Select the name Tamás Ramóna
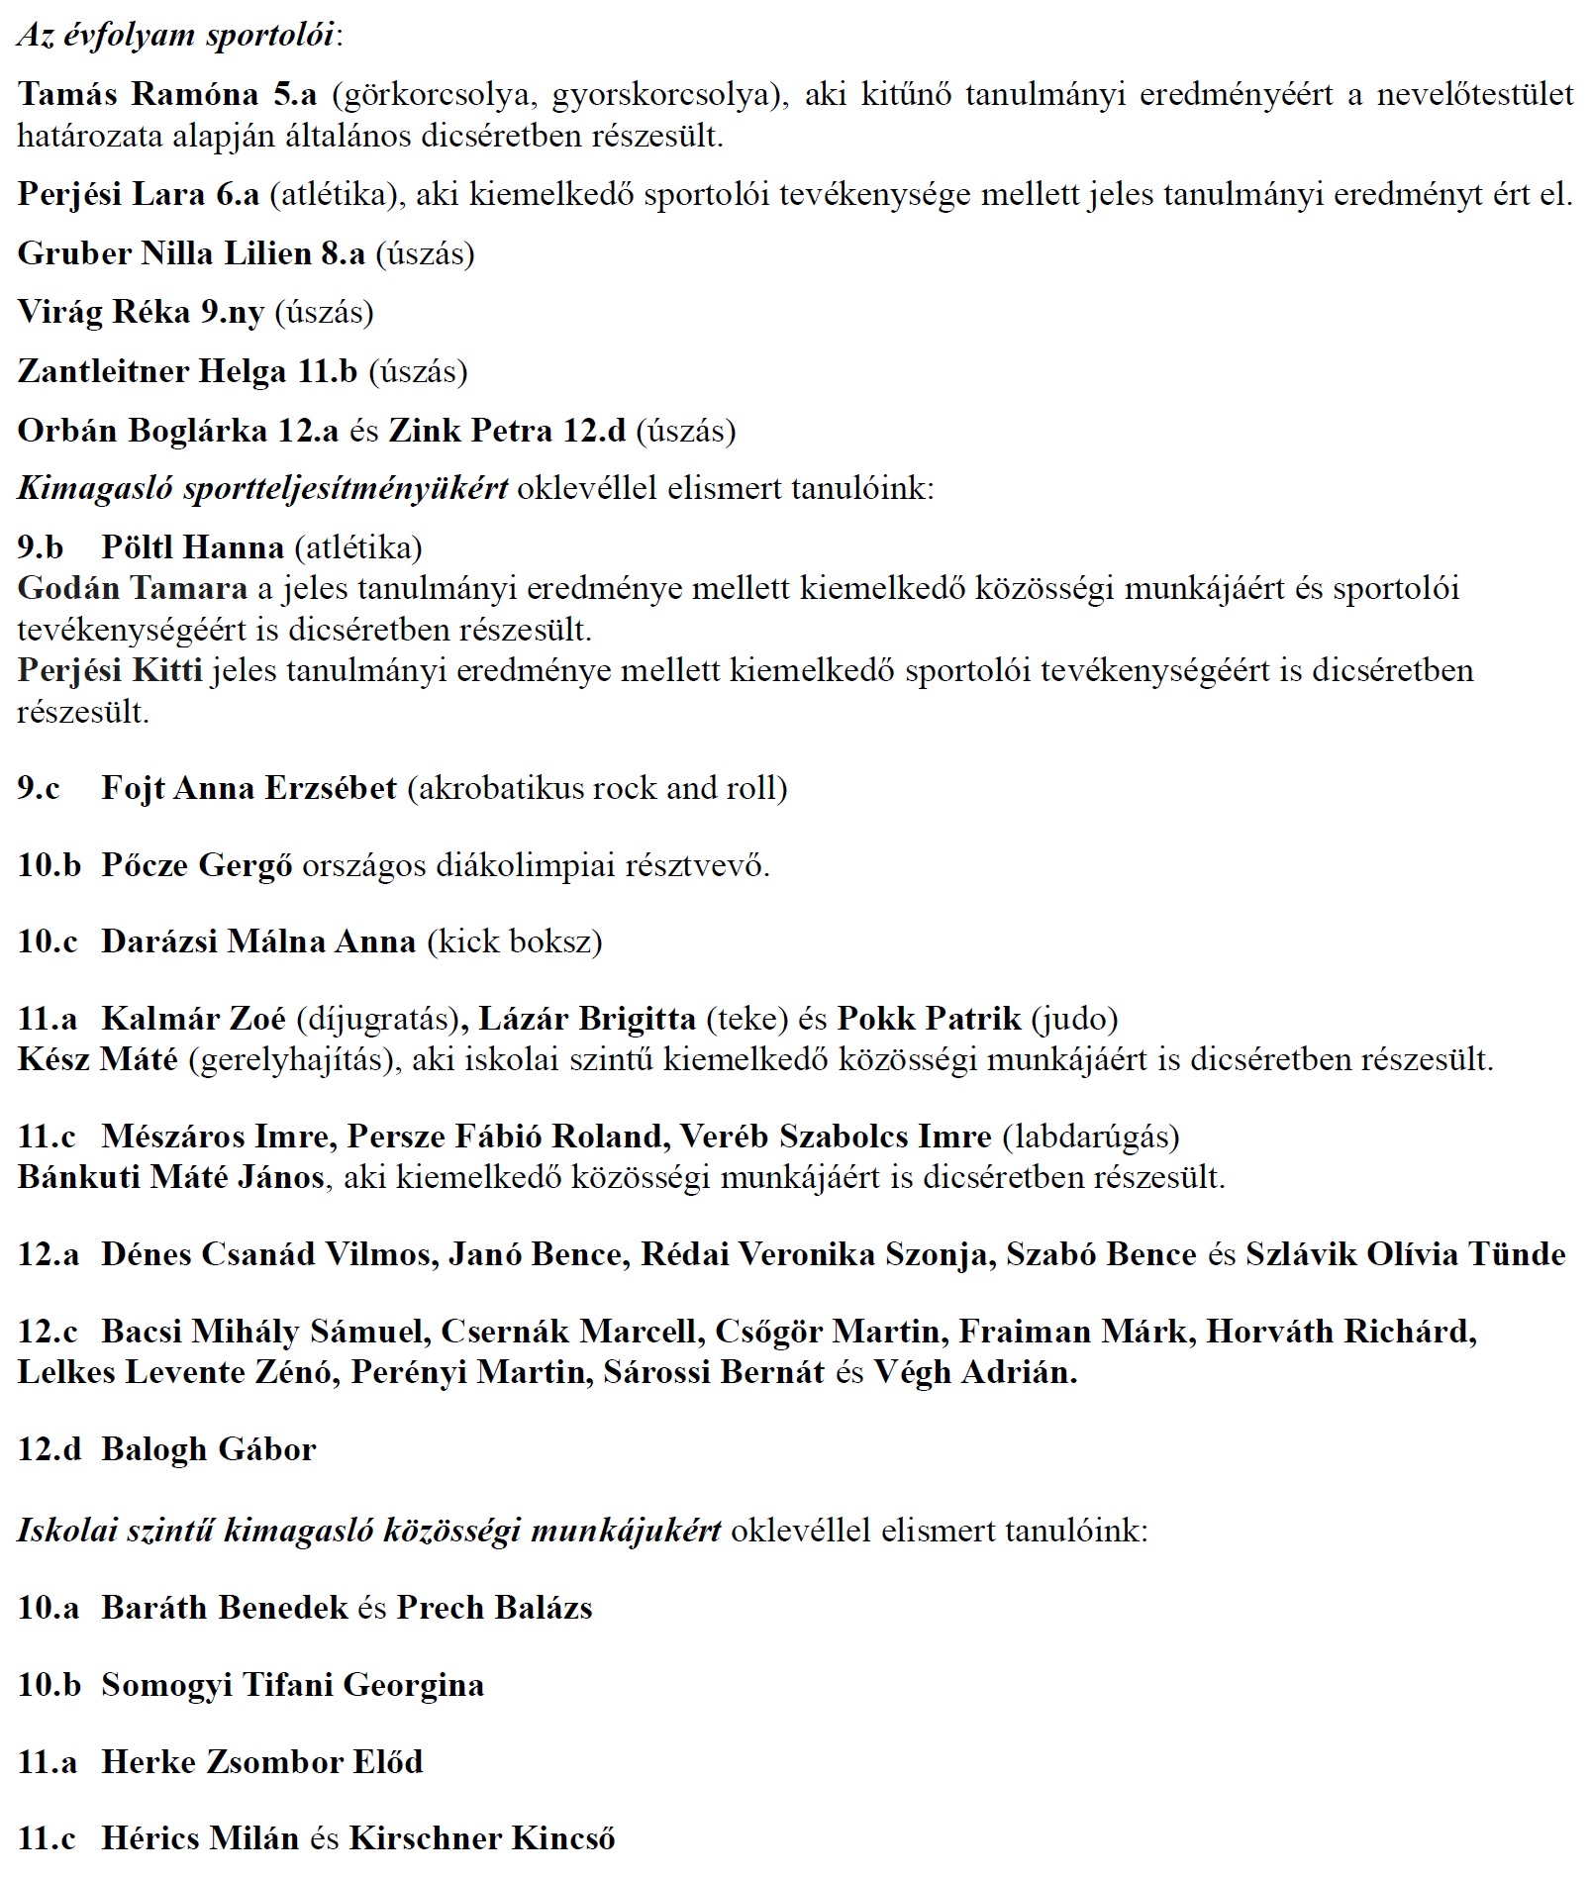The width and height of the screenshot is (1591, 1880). (138, 94)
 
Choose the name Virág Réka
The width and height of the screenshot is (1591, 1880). (103, 312)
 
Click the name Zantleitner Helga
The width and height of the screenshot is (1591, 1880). (153, 371)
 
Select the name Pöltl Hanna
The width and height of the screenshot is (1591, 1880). (192, 546)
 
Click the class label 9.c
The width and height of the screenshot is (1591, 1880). (39, 788)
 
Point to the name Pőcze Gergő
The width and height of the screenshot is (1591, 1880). (196, 865)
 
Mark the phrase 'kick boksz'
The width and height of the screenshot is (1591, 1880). (514, 940)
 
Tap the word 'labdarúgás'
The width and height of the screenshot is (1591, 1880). (1091, 1136)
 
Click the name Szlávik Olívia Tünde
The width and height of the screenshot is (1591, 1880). (1405, 1254)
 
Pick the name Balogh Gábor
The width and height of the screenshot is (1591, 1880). (208, 1449)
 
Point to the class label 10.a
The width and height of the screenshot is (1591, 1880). (48, 1607)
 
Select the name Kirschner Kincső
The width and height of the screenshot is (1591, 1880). (481, 1838)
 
